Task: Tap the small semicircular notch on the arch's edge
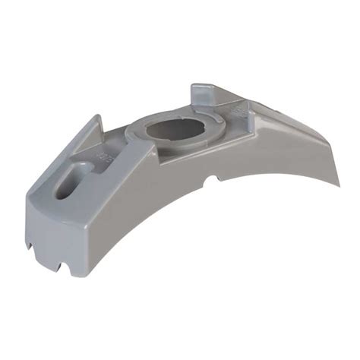coord(216,180)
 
